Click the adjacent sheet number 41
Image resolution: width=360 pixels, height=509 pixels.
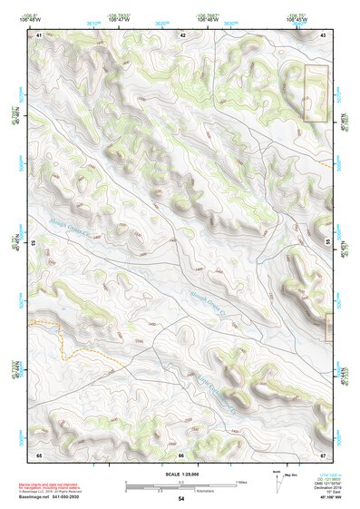click(x=40, y=34)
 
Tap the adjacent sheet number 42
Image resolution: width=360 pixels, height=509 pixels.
click(x=182, y=34)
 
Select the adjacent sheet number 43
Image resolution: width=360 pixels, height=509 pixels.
click(x=323, y=34)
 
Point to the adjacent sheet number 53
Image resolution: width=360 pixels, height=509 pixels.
click(x=34, y=243)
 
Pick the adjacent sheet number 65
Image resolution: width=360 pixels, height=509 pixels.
click(x=40, y=454)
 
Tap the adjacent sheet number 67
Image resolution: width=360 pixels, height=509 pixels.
click(x=323, y=454)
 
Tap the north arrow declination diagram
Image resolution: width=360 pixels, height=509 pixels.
click(x=280, y=482)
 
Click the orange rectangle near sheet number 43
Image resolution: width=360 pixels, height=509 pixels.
click(x=314, y=93)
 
